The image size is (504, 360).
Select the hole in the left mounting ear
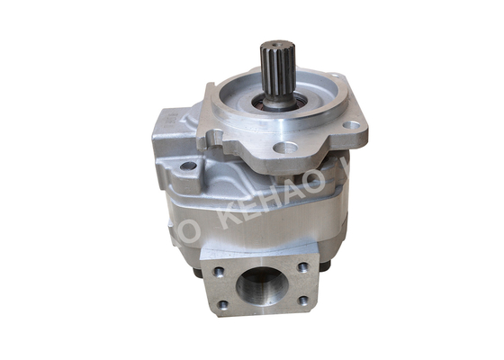[188, 166]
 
